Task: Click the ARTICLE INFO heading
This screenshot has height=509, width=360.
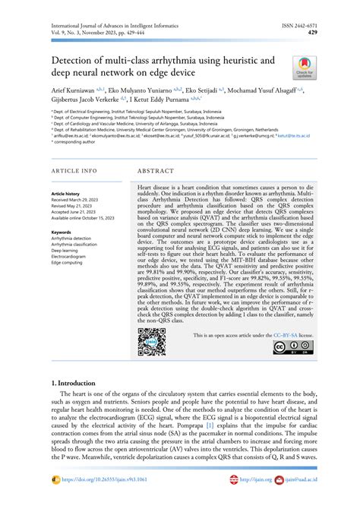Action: pos(74,171)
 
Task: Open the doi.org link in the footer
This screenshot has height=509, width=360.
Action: pos(98,501)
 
